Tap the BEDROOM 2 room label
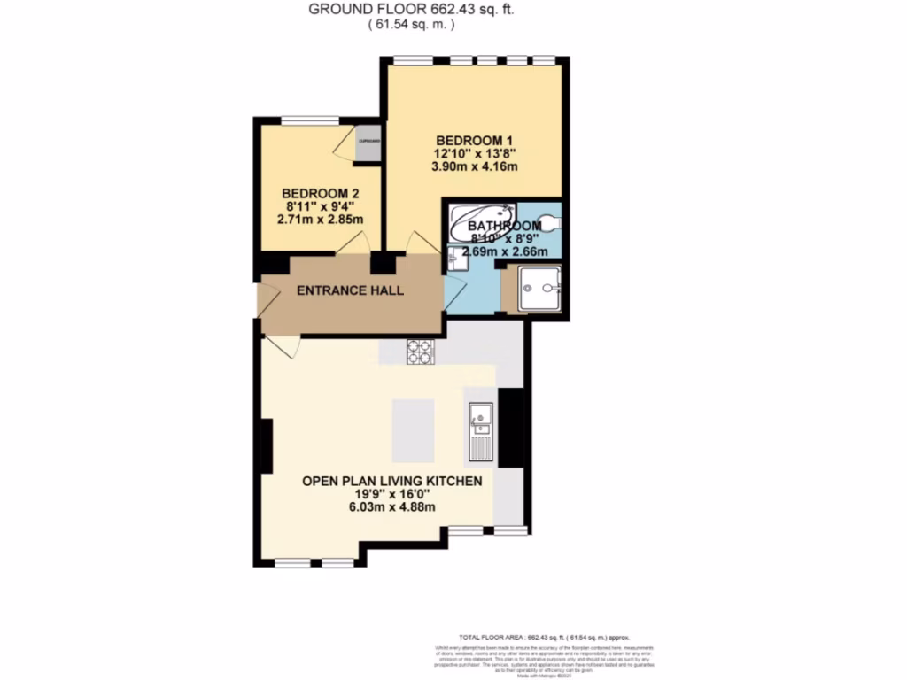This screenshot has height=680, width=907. click(x=319, y=194)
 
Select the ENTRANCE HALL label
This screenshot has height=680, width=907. click(x=350, y=290)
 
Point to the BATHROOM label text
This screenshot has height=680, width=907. click(x=504, y=226)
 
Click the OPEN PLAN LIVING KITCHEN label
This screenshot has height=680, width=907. click(x=391, y=481)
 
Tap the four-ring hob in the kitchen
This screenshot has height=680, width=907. click(x=420, y=352)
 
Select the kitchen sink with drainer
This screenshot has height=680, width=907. click(x=480, y=429)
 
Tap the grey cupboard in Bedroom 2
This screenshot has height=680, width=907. click(x=368, y=146)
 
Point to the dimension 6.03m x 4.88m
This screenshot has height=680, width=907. click(x=391, y=506)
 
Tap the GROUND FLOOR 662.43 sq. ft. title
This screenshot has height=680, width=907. click(x=410, y=10)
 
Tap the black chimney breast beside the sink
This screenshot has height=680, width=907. click(x=510, y=428)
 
